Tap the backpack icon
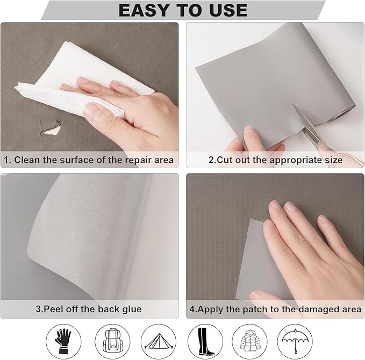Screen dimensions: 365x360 click(x=113, y=341)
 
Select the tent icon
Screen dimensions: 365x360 click(x=159, y=341)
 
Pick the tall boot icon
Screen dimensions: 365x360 click(x=205, y=341)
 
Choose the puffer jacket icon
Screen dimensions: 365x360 click(x=250, y=341)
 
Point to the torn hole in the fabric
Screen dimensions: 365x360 click(x=52, y=127)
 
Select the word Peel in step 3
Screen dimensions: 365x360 click(x=54, y=309)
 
